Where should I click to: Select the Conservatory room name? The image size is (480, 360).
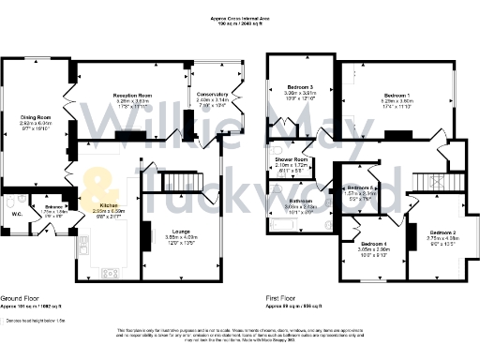(212, 95)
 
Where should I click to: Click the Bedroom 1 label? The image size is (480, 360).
(397, 96)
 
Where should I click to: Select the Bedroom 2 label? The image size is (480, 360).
(442, 232)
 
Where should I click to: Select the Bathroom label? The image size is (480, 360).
(300, 201)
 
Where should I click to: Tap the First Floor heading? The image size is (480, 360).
(282, 299)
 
